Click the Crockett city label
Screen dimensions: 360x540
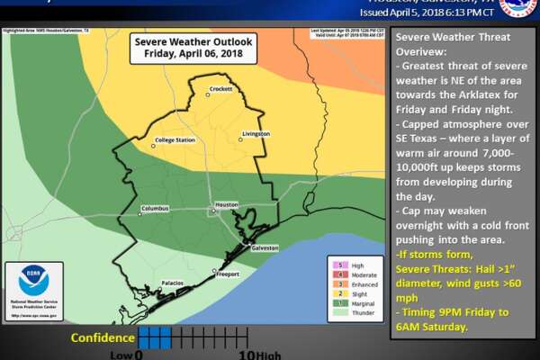(x=220, y=89)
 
